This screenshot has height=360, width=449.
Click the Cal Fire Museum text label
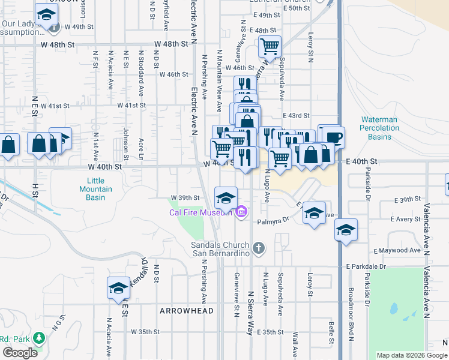[200, 212]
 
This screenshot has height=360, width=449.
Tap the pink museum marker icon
[241, 211]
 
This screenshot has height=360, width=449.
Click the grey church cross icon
[259, 247]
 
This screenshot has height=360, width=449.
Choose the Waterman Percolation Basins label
[379, 128]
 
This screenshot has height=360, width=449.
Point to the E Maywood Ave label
[397, 250]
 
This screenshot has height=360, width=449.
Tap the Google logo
[20, 353]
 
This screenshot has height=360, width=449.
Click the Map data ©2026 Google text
[412, 355]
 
